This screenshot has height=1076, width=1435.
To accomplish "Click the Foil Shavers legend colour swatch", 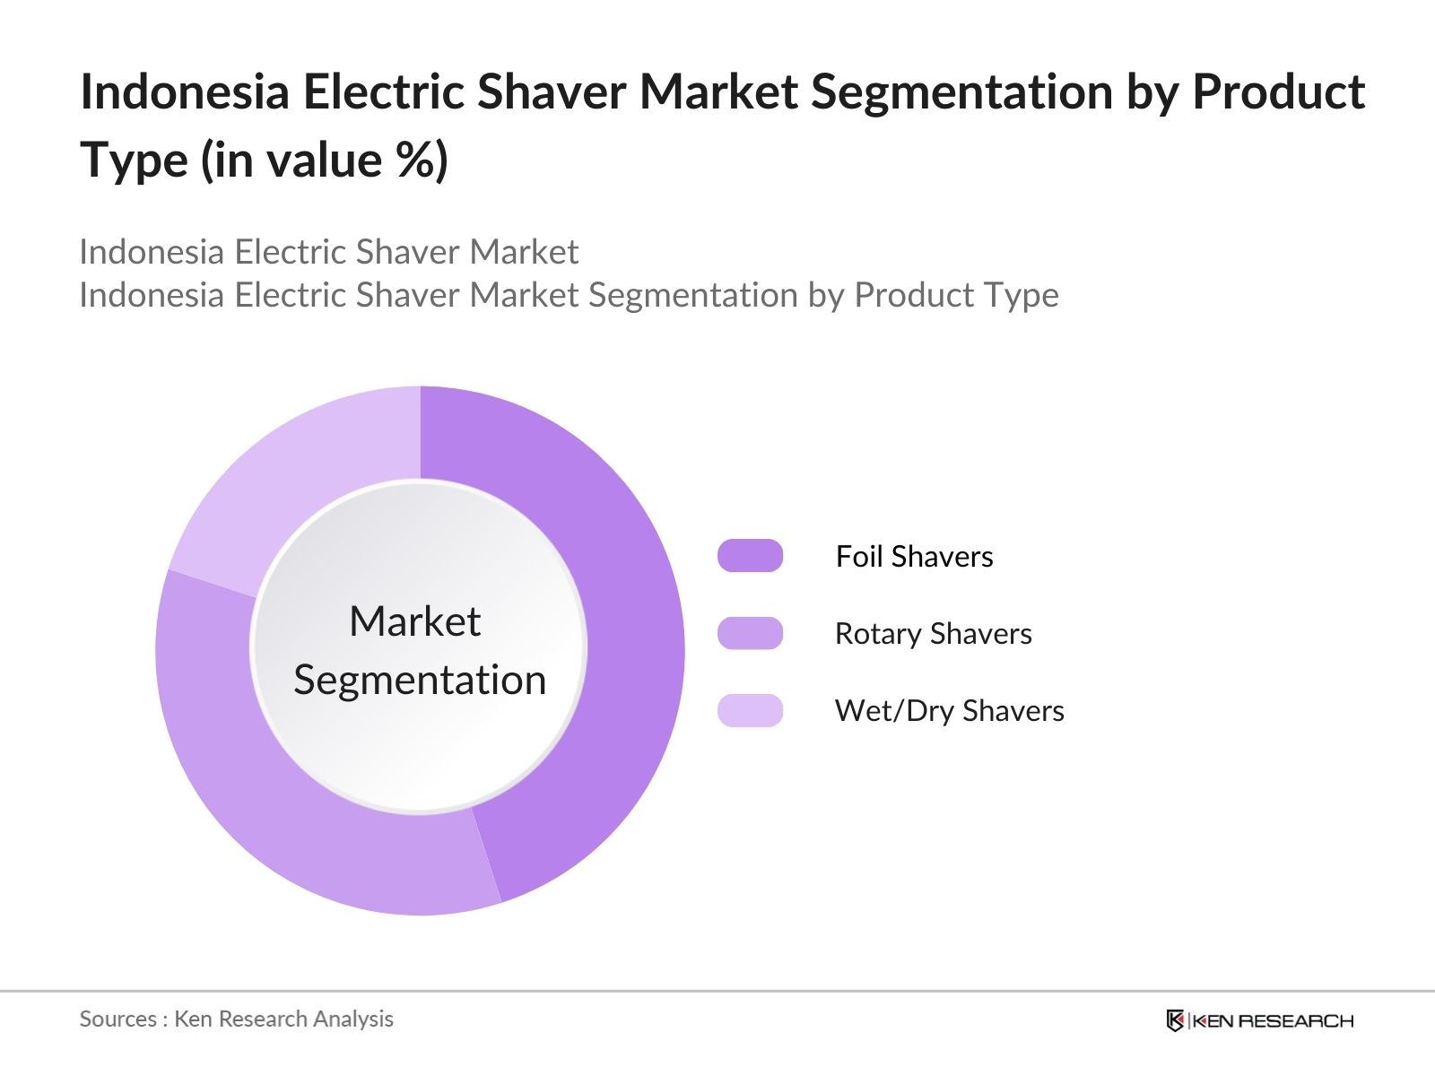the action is coord(750,556).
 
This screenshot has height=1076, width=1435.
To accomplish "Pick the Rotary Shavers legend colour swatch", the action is coord(750,633).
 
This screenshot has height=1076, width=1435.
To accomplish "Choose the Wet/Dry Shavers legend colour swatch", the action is coord(750,710).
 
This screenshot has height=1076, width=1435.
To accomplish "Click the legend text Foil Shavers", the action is coord(915,557).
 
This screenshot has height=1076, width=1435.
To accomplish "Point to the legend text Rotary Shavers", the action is coord(934,634).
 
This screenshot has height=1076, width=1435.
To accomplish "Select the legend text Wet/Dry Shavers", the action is coord(950,711).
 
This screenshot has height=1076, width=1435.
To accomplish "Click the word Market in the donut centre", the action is coord(415,620).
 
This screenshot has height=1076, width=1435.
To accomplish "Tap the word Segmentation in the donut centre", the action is coord(420,681).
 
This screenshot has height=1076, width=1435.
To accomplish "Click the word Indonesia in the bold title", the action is coord(185,91).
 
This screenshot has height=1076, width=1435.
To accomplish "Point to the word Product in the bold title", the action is coord(1279,91).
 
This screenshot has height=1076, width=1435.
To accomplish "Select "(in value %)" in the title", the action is coord(325,161).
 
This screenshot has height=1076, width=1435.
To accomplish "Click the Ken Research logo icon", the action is coord(1175,1020).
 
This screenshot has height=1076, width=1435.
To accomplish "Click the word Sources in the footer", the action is coord(118,1020).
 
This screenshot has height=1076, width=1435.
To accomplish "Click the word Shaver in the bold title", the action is coord(552,91).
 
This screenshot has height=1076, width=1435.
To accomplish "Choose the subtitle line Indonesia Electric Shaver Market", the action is coord(329,252).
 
